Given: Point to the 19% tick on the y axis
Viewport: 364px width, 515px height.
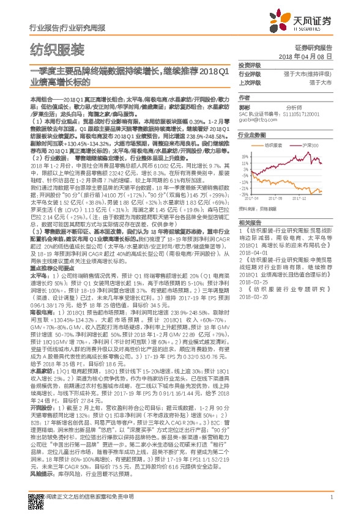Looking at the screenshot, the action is (244, 156).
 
